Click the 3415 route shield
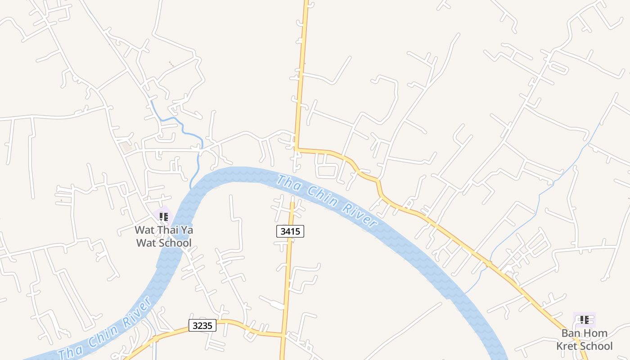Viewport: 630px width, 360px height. [x=290, y=231]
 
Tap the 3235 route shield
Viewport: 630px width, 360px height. [x=202, y=325]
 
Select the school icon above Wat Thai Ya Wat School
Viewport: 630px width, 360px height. [x=164, y=217]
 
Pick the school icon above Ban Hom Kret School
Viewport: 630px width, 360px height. [x=585, y=320]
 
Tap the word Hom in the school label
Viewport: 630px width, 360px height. [x=597, y=333]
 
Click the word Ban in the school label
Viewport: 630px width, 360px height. [x=571, y=333]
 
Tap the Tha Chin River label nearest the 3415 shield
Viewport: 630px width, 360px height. [x=326, y=200]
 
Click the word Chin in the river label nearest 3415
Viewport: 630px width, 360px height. [x=323, y=197]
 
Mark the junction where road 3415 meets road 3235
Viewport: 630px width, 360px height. [x=283, y=334]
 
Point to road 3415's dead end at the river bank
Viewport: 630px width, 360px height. [x=292, y=203]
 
